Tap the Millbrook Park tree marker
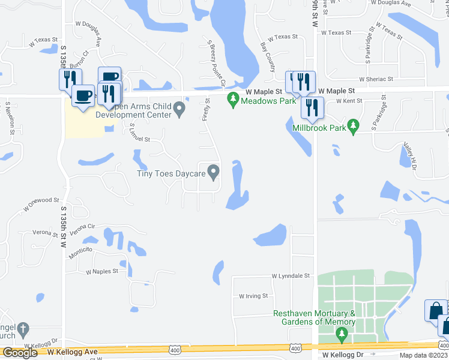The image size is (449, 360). click(354, 127)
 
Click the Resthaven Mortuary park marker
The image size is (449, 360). click(342, 334)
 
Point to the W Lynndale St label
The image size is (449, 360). click(290, 276)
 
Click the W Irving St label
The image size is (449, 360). click(253, 296)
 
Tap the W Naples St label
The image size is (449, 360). click(102, 272)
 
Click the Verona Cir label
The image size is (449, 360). click(83, 229)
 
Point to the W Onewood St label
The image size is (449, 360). click(41, 205)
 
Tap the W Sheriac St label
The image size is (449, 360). click(376, 79)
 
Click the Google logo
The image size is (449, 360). click(20, 353)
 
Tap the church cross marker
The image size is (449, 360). click(22, 329)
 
